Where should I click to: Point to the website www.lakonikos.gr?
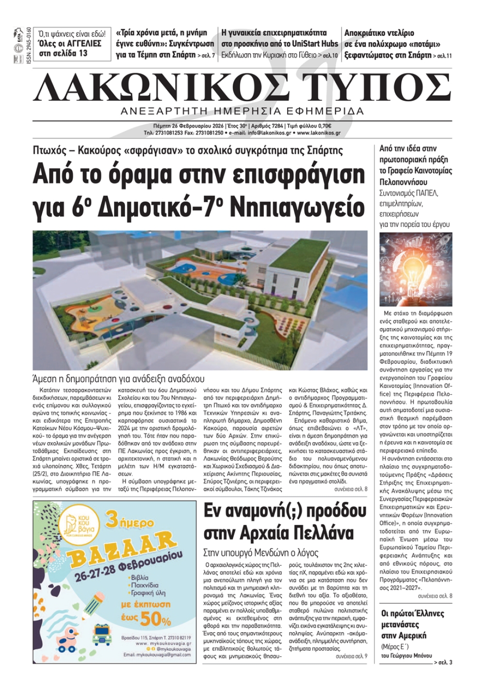tap(319, 132)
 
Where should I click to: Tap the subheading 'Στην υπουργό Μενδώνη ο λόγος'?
tap(261, 552)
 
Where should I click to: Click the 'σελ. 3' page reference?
tap(443, 662)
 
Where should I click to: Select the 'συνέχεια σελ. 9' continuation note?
tap(351, 655)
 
